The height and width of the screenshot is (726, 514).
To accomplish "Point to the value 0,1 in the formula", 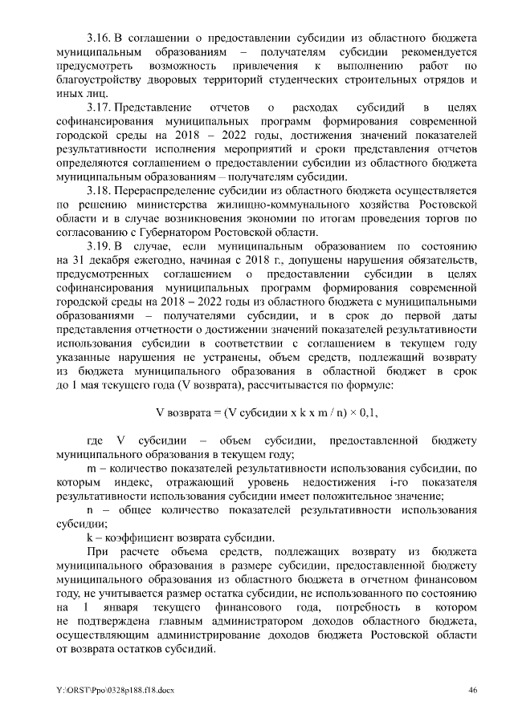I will pyautogui.click(x=368, y=412).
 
